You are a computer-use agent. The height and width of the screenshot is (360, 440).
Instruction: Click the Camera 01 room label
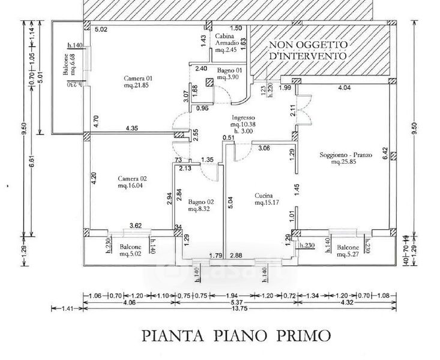point(139,79)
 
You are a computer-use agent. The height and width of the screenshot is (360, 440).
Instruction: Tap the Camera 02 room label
point(132,179)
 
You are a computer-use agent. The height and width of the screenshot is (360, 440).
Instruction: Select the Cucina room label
point(264,196)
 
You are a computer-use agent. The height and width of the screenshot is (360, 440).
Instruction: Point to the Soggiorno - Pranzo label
point(346,155)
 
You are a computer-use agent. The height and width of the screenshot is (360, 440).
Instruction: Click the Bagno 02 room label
point(197,202)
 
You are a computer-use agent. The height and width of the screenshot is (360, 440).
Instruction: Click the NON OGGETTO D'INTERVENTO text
point(307,50)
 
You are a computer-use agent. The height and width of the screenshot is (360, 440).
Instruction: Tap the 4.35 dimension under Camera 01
point(134,128)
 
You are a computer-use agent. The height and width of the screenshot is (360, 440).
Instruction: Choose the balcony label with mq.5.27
point(348,250)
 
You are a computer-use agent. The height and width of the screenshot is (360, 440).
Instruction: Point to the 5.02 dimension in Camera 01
point(101,29)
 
